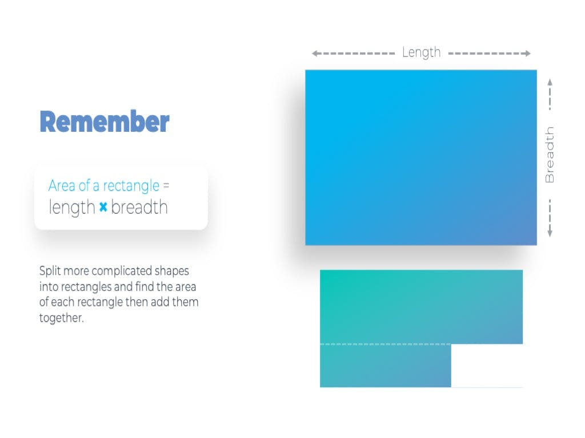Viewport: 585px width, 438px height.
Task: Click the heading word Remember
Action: [105, 121]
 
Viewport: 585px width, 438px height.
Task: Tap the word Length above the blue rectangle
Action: [421, 52]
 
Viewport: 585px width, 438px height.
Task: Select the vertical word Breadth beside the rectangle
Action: [550, 155]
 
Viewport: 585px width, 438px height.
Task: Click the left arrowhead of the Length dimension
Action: [315, 54]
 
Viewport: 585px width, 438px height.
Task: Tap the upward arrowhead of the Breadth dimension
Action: [550, 82]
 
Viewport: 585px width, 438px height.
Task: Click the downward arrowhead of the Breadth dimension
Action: [550, 234]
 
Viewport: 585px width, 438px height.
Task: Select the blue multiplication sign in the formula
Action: [103, 206]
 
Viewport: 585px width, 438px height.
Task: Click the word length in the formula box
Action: [72, 207]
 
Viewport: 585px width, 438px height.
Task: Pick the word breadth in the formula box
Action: [139, 207]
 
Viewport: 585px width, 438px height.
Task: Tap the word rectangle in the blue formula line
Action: [131, 186]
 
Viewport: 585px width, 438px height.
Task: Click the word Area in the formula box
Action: [62, 185]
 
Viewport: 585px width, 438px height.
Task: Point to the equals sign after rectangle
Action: [166, 185]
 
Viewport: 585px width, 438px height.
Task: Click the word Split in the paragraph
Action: [50, 271]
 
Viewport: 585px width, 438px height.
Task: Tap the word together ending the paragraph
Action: [61, 318]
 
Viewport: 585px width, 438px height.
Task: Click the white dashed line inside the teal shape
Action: [386, 344]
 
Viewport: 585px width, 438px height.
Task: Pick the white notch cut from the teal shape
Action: [487, 366]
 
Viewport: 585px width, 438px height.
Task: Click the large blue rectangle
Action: [421, 157]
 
